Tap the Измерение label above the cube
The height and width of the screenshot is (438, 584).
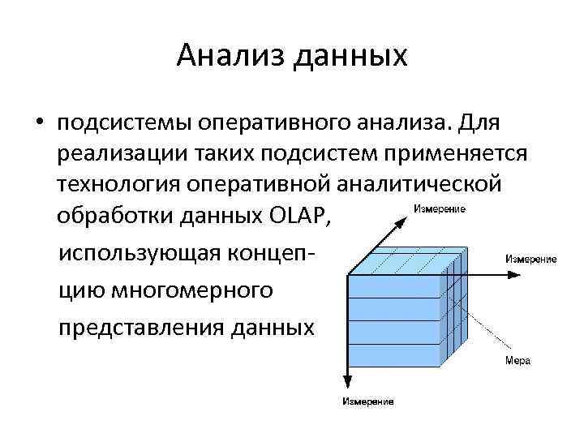point(439,209)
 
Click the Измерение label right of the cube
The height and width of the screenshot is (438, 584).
point(530,259)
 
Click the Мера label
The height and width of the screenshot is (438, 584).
point(518,360)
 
